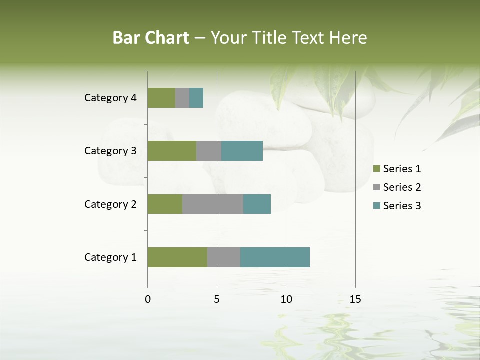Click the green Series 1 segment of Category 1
pos(177,257)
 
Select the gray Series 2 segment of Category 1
pos(224,257)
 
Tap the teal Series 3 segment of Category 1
pos(275,257)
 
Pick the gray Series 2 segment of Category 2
pos(213,204)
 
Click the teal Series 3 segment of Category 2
pos(257,204)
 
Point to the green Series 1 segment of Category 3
pos(172,151)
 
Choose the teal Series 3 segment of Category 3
pos(242,151)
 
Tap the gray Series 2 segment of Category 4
pos(182,98)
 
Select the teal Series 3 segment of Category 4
pos(196,98)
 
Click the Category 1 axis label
pos(110,257)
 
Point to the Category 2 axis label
pos(110,204)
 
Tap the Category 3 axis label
pos(110,151)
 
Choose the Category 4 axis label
pos(110,98)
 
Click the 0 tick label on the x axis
pos(148,299)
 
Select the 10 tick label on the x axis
pos(286,299)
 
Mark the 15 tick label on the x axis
pos(355,299)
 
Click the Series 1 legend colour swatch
pos(376,169)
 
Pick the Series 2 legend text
pos(402,187)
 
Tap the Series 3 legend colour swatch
pos(376,206)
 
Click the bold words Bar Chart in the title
pos(151,38)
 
